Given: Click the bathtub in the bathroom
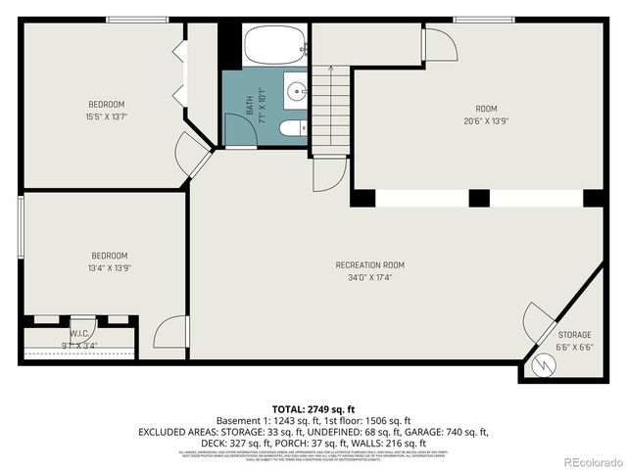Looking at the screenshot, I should click(x=274, y=46).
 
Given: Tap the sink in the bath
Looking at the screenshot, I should click(x=297, y=93).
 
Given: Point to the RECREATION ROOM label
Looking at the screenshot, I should click(x=369, y=264).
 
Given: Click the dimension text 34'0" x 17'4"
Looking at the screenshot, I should click(x=369, y=277).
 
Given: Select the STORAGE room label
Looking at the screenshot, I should click(x=574, y=334).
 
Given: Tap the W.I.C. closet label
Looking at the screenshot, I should click(x=80, y=333).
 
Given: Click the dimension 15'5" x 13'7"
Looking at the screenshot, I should click(x=107, y=116).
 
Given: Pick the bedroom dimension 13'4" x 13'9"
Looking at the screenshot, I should click(x=109, y=267).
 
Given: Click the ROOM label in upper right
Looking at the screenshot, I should click(x=487, y=109).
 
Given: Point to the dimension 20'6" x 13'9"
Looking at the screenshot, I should click(x=487, y=121).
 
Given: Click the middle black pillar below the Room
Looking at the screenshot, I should click(x=478, y=198).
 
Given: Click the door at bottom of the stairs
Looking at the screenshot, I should click(x=326, y=173).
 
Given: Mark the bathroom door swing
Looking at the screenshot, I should click(x=237, y=130).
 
